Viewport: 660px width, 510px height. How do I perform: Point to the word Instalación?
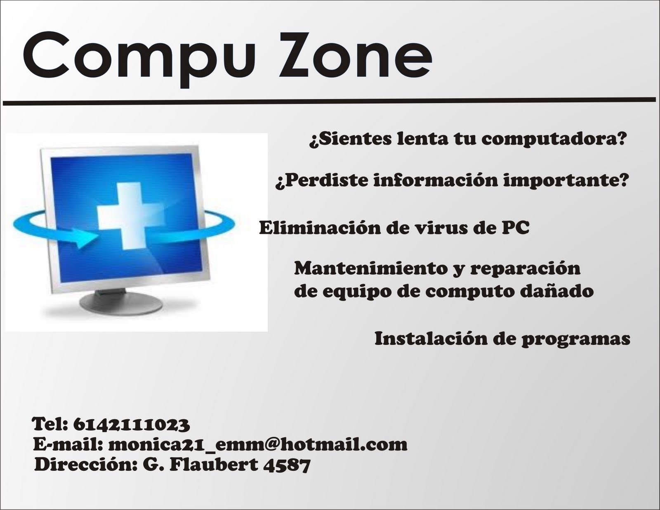click(429, 339)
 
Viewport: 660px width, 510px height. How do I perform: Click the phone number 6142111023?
click(132, 424)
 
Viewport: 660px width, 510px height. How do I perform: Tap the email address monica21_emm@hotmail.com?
click(258, 445)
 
